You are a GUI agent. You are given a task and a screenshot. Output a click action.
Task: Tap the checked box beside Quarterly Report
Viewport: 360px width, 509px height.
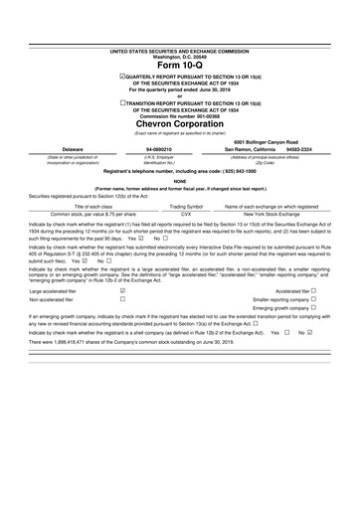point(121,76)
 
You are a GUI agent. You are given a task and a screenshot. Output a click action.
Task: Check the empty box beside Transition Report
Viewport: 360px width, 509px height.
point(121,102)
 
